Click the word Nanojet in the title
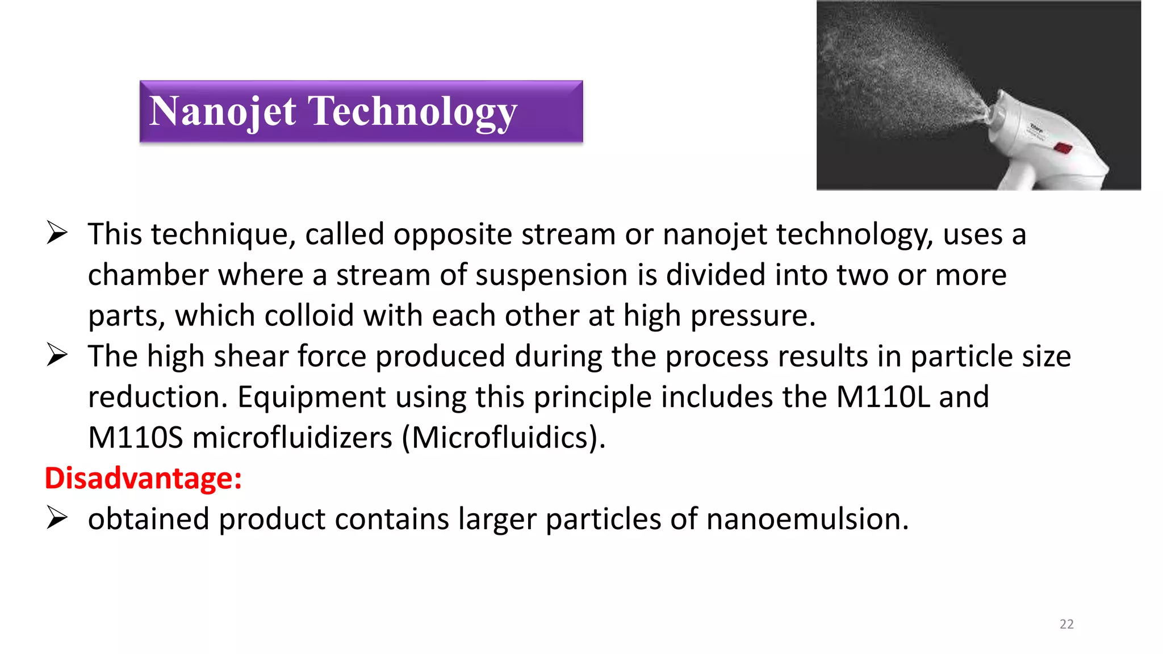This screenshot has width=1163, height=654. (x=222, y=111)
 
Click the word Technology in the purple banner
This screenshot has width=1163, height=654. (x=412, y=111)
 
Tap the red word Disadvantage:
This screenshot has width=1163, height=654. (x=143, y=478)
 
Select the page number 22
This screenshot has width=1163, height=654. (x=1066, y=624)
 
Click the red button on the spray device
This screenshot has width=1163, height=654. (x=1063, y=148)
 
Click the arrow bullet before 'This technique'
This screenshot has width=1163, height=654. (x=57, y=233)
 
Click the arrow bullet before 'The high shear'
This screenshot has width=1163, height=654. (x=57, y=356)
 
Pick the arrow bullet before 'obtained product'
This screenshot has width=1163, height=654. (x=57, y=518)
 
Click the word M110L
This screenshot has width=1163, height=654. (x=883, y=397)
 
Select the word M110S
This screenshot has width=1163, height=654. (x=135, y=438)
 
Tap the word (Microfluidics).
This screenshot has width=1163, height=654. (x=503, y=438)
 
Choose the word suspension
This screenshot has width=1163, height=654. (x=551, y=275)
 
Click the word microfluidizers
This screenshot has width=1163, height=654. (x=292, y=438)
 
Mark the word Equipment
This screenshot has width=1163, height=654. (x=311, y=397)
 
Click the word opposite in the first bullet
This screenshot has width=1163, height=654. (x=453, y=234)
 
